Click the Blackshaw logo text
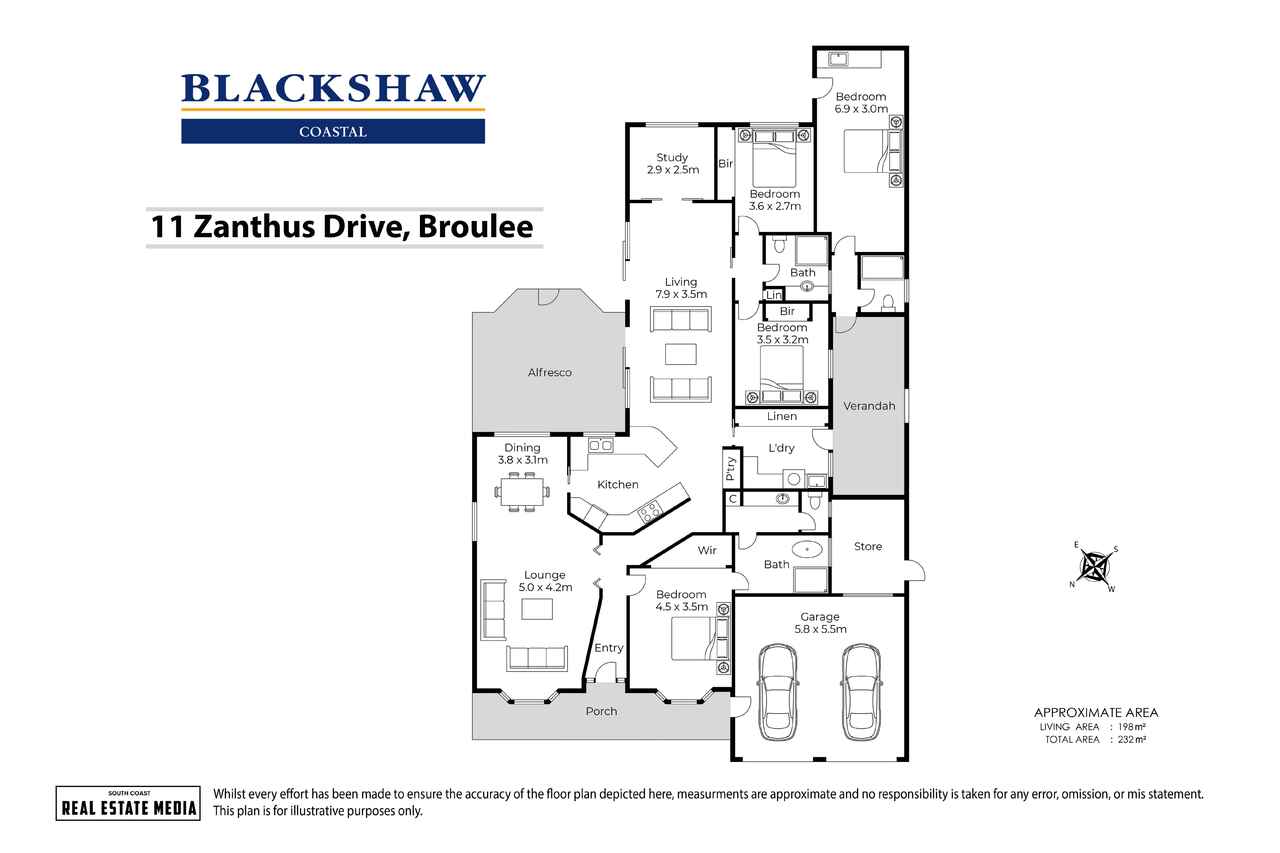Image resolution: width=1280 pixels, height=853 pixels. coord(333,89)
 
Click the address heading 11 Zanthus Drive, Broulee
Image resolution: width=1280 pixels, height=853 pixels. coord(341,227)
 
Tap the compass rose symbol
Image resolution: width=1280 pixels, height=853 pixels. coord(1097,567)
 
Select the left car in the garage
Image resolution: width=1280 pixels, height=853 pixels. coord(777,692)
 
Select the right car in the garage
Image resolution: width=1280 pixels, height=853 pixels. coord(860,692)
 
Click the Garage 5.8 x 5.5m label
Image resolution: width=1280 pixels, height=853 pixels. coord(819,623)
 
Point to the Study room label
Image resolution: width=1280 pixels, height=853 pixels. coord(672,164)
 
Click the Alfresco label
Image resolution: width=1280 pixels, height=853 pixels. coord(549,372)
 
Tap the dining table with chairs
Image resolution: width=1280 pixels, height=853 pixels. coord(522,491)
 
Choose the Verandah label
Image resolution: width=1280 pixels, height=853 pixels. coord(869,405)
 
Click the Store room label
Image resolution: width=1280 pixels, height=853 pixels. coord(868,546)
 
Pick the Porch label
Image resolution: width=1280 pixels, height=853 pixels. coord(601,712)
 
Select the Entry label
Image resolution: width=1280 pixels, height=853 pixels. coord(608,648)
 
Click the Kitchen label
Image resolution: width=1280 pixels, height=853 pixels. coord(618,485)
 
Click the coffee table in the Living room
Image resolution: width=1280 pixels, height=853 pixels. coord(680,354)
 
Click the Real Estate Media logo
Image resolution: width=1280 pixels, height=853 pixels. coord(126,802)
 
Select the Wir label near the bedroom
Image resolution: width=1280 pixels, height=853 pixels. coord(707,550)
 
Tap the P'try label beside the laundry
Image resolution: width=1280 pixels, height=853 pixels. coord(731,468)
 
